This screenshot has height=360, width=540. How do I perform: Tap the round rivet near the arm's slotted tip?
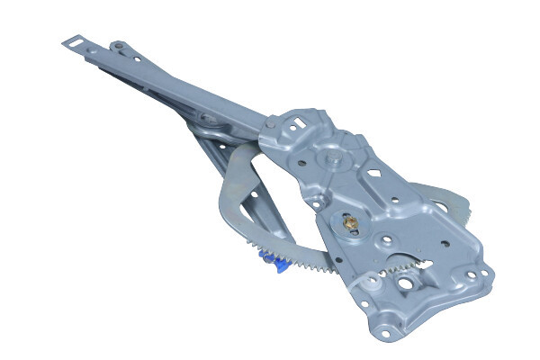(116, 46)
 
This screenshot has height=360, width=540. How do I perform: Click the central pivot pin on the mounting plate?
(335, 159)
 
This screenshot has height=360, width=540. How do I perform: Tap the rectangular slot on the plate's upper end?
(296, 118)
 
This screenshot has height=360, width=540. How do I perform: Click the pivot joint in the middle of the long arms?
(209, 118)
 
